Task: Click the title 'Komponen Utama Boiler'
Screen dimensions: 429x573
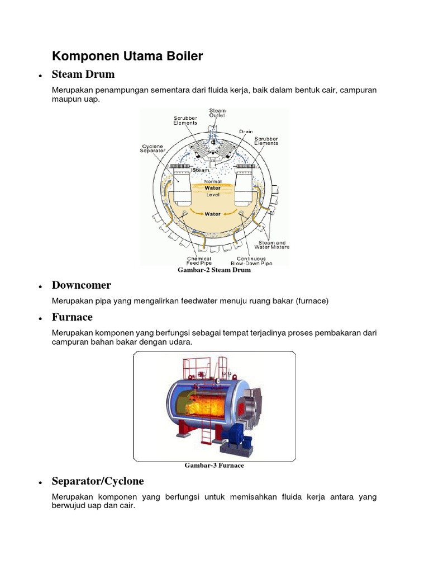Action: coord(127,56)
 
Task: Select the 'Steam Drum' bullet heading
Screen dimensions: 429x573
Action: coord(83,74)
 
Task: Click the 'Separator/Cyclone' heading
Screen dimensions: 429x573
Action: coord(98,481)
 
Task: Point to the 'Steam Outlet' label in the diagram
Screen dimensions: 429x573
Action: coord(217,114)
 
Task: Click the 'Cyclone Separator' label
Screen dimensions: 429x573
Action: coord(152,148)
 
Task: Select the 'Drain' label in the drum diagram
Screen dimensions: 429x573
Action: coord(246,132)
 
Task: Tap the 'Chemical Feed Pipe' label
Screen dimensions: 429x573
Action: coord(199,261)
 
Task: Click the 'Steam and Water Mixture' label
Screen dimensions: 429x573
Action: coord(273,245)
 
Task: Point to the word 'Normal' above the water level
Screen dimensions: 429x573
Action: coord(213,182)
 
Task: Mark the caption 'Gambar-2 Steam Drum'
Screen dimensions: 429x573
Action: coord(214,270)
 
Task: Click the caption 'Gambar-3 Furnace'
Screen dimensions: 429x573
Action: coord(214,466)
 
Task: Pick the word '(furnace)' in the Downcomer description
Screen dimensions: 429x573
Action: coord(311,301)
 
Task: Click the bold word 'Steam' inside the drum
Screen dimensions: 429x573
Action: coord(201,170)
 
